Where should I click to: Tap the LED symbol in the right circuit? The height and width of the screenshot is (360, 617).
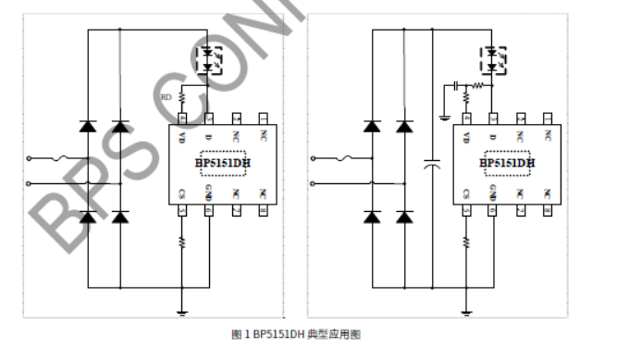tap(492, 58)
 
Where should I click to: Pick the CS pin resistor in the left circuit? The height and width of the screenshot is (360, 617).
tap(180, 243)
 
